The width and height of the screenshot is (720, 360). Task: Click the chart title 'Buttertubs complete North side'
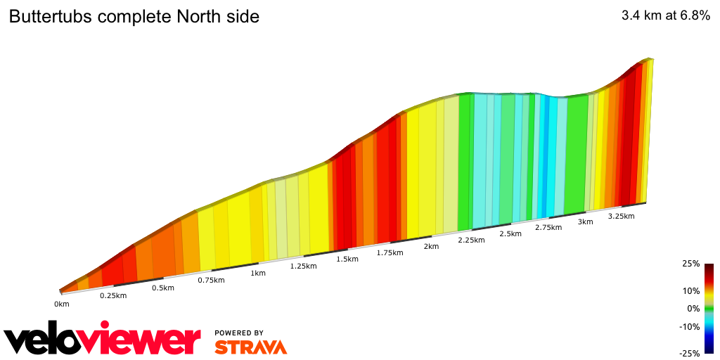134,17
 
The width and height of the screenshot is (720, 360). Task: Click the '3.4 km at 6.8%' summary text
665,16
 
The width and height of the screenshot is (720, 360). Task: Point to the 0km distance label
62,304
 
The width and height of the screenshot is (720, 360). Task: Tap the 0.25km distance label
113,295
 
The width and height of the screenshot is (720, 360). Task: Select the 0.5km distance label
162,288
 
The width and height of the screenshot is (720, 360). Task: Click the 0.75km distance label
211,280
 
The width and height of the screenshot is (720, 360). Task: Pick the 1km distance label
258,273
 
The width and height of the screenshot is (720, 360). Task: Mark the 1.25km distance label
304,266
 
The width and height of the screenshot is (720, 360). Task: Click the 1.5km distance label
347,259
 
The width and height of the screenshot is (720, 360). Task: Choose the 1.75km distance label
390,252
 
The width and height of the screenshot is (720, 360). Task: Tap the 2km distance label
431,246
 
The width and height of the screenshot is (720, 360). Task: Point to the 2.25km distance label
471,240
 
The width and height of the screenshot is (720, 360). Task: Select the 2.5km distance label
510,233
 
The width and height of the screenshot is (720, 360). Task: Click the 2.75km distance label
548,227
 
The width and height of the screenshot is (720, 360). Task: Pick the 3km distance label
585,221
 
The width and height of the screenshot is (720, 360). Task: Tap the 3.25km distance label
622,216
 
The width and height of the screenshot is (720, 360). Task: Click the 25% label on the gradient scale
690,264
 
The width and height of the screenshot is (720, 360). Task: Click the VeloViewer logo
103,339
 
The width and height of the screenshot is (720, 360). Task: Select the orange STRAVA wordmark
250,347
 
